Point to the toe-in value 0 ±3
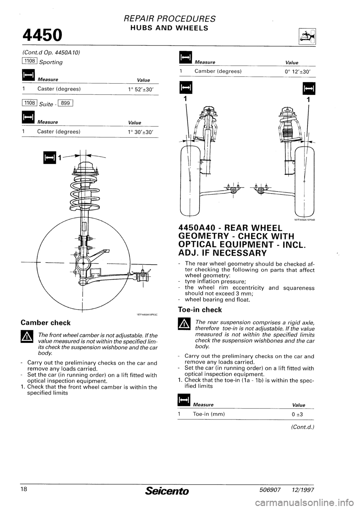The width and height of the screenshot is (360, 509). [x=296, y=414]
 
